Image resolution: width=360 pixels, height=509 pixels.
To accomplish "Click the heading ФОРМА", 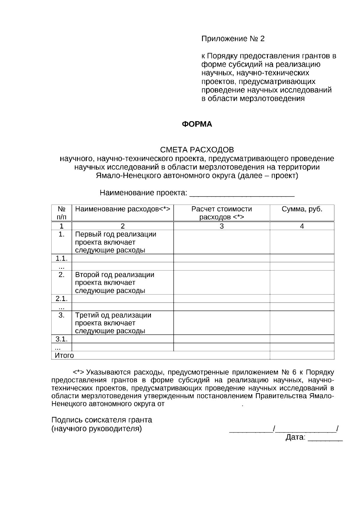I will pos(197,124).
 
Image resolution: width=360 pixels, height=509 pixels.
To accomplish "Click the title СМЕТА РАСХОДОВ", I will pos(197,149).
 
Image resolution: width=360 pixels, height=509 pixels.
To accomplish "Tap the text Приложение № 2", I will pos(233,39).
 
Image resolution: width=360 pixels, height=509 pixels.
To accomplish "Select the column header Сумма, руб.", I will pos(302,209).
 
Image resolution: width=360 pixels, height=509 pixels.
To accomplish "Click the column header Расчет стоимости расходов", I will pos(221,213).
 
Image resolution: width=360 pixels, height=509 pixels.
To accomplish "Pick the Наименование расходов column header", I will pos(122,209).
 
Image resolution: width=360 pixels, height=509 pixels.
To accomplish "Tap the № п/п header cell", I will pos(61,213).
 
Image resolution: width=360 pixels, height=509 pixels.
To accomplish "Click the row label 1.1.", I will pos(61,258).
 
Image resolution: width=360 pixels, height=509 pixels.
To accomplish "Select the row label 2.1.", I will pos(61,298).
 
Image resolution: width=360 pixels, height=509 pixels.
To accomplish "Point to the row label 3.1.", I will pos(61,339).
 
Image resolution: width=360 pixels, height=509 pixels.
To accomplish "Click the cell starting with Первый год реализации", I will pos(115,242).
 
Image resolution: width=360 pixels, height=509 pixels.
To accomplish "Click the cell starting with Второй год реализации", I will pos(114,283).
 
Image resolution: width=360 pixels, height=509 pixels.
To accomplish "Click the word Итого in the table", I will pos(64,355).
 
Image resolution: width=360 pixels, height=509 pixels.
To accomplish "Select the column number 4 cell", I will pos(302,226).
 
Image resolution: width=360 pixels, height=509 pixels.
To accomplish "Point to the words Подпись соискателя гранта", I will pos(102,420).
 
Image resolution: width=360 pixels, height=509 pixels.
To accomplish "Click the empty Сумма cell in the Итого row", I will pos(302,355).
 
